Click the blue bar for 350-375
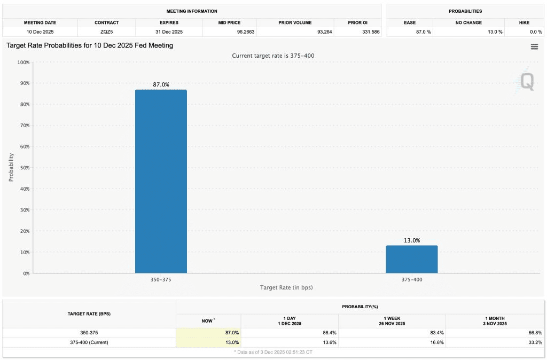161,182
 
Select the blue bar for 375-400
412,260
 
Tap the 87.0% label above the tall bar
161,84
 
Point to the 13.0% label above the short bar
412,240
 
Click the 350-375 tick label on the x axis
161,279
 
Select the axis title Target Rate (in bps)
286,287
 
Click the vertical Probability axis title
11,168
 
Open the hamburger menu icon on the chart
534,46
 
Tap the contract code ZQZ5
106,32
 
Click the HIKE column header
524,23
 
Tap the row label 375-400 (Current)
89,342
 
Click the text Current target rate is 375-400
273,56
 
